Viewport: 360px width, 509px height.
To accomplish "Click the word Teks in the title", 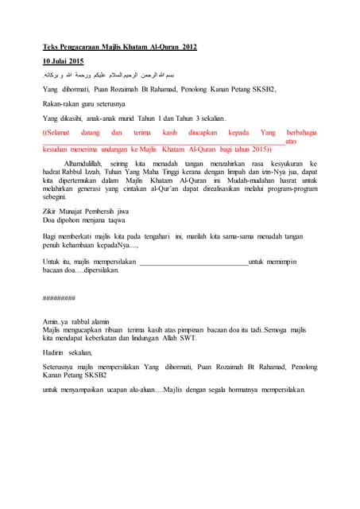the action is tap(49, 47).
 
